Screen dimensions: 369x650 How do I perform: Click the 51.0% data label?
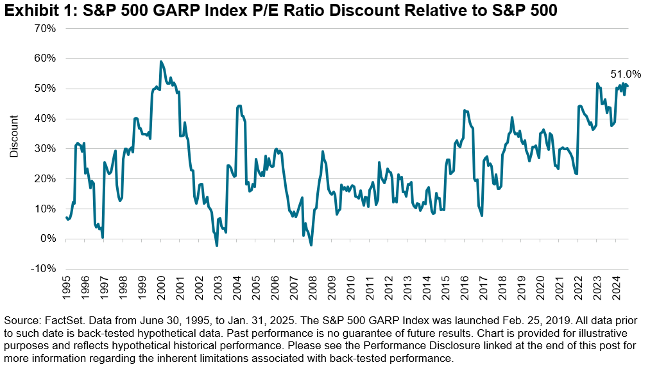pos(626,74)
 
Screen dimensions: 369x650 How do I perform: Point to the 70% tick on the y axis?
pos(46,29)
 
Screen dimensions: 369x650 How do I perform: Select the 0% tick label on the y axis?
pos(49,239)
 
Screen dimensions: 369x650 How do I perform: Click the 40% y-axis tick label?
pos(46,119)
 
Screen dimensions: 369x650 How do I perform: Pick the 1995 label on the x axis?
pos(66,287)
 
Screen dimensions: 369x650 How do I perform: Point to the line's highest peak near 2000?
pos(160,62)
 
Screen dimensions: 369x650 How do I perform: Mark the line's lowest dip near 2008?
pos(311,245)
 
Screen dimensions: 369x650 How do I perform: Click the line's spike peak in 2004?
pos(239,106)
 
